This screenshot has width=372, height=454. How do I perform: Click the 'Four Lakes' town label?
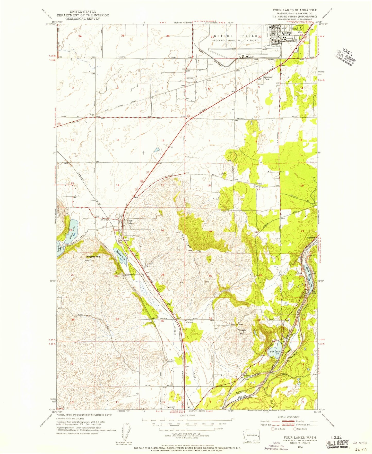[x=130, y=222]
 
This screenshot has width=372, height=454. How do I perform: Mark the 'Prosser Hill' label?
[x=242, y=332]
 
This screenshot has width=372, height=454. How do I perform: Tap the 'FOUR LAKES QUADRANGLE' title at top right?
[x=293, y=10]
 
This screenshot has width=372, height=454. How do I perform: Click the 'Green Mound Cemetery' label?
[x=170, y=361]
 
